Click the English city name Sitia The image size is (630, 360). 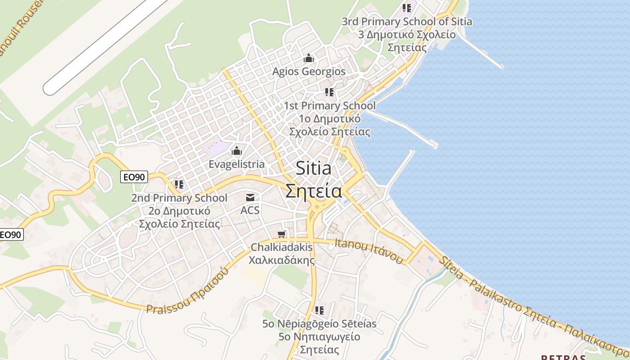click(x=314, y=169)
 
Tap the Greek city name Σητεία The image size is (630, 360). click(x=314, y=191)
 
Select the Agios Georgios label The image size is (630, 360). click(x=309, y=72)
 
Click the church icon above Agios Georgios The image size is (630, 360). click(x=309, y=58)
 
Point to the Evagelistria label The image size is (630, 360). click(x=236, y=164)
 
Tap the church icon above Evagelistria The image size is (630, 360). click(x=237, y=151)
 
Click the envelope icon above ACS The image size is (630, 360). click(x=250, y=198)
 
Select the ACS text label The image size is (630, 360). click(x=250, y=210)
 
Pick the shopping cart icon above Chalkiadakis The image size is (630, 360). click(x=282, y=234)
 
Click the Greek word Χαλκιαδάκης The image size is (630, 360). click(x=282, y=260)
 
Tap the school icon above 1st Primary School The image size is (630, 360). click(x=329, y=92)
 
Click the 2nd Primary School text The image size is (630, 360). click(x=179, y=198)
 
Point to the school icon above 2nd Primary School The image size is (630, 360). click(x=179, y=184)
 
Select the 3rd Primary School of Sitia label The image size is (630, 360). click(x=407, y=21)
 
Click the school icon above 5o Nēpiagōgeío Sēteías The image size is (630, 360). click(x=319, y=310)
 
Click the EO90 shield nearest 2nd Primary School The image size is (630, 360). click(x=135, y=177)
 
